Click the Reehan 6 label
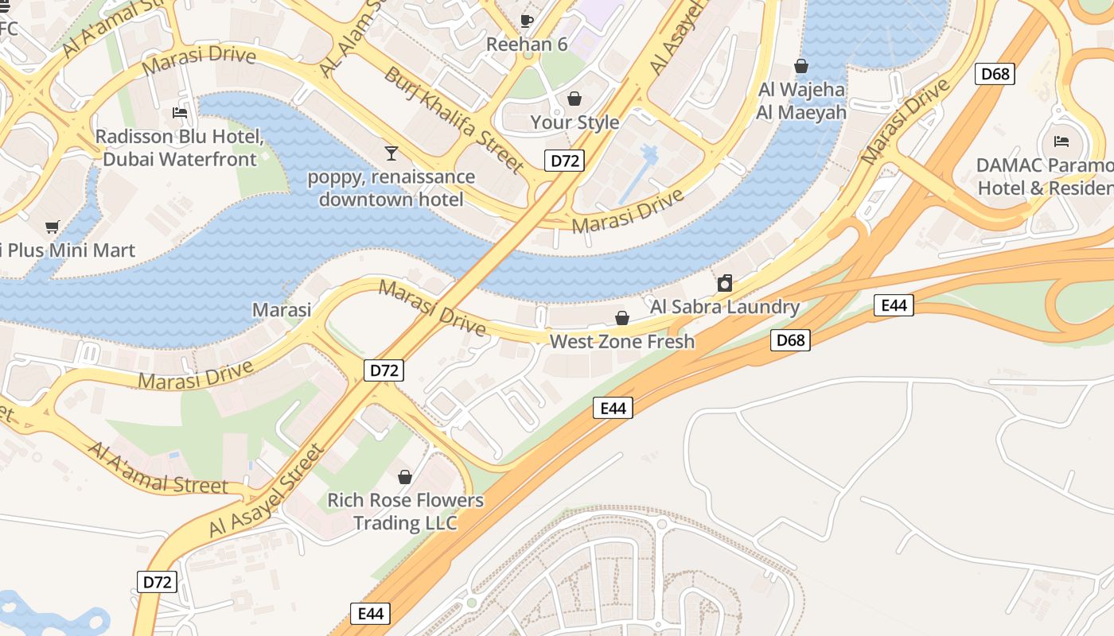(x=527, y=45)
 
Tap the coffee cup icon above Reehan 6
(x=526, y=21)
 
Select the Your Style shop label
(x=575, y=122)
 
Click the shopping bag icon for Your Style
(x=575, y=99)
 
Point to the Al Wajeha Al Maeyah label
(x=800, y=101)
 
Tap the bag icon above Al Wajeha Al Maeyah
(x=801, y=66)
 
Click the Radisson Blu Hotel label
(x=180, y=148)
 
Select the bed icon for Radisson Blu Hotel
(x=180, y=113)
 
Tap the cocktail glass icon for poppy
(x=391, y=153)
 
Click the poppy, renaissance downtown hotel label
(x=391, y=188)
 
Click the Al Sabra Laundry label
(x=725, y=307)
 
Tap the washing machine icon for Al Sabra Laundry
(x=725, y=283)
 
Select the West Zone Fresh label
(x=622, y=342)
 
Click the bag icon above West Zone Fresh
(x=622, y=318)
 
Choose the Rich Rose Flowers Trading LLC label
(x=406, y=511)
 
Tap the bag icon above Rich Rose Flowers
(x=405, y=477)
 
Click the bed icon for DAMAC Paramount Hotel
(x=1061, y=142)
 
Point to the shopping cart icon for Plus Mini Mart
(x=53, y=227)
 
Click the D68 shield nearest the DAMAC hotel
(x=995, y=74)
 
